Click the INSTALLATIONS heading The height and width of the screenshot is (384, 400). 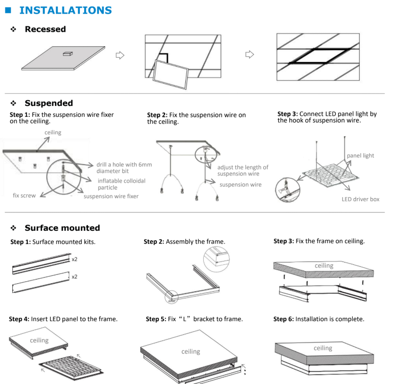coord(65,10)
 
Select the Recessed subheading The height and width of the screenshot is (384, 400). coord(45,29)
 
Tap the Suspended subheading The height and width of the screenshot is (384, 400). coord(49,103)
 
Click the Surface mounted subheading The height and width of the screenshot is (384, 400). coord(62,228)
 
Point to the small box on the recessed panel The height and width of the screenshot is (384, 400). coord(67,54)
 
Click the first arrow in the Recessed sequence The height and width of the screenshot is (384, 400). coord(120,55)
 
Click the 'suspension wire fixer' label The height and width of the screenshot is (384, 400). coord(111,196)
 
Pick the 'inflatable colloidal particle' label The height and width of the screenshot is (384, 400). coord(122,184)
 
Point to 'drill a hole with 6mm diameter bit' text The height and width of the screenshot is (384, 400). coord(124,167)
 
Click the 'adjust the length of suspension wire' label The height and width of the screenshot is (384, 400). coord(243,170)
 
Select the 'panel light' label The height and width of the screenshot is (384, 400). coord(360,156)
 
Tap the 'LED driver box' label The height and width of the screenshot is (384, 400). coord(360,199)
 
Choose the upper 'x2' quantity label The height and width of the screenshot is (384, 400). coord(75,259)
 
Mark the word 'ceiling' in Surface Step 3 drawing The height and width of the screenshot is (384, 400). coord(324,266)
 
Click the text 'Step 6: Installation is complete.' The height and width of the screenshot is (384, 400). coord(319,319)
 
